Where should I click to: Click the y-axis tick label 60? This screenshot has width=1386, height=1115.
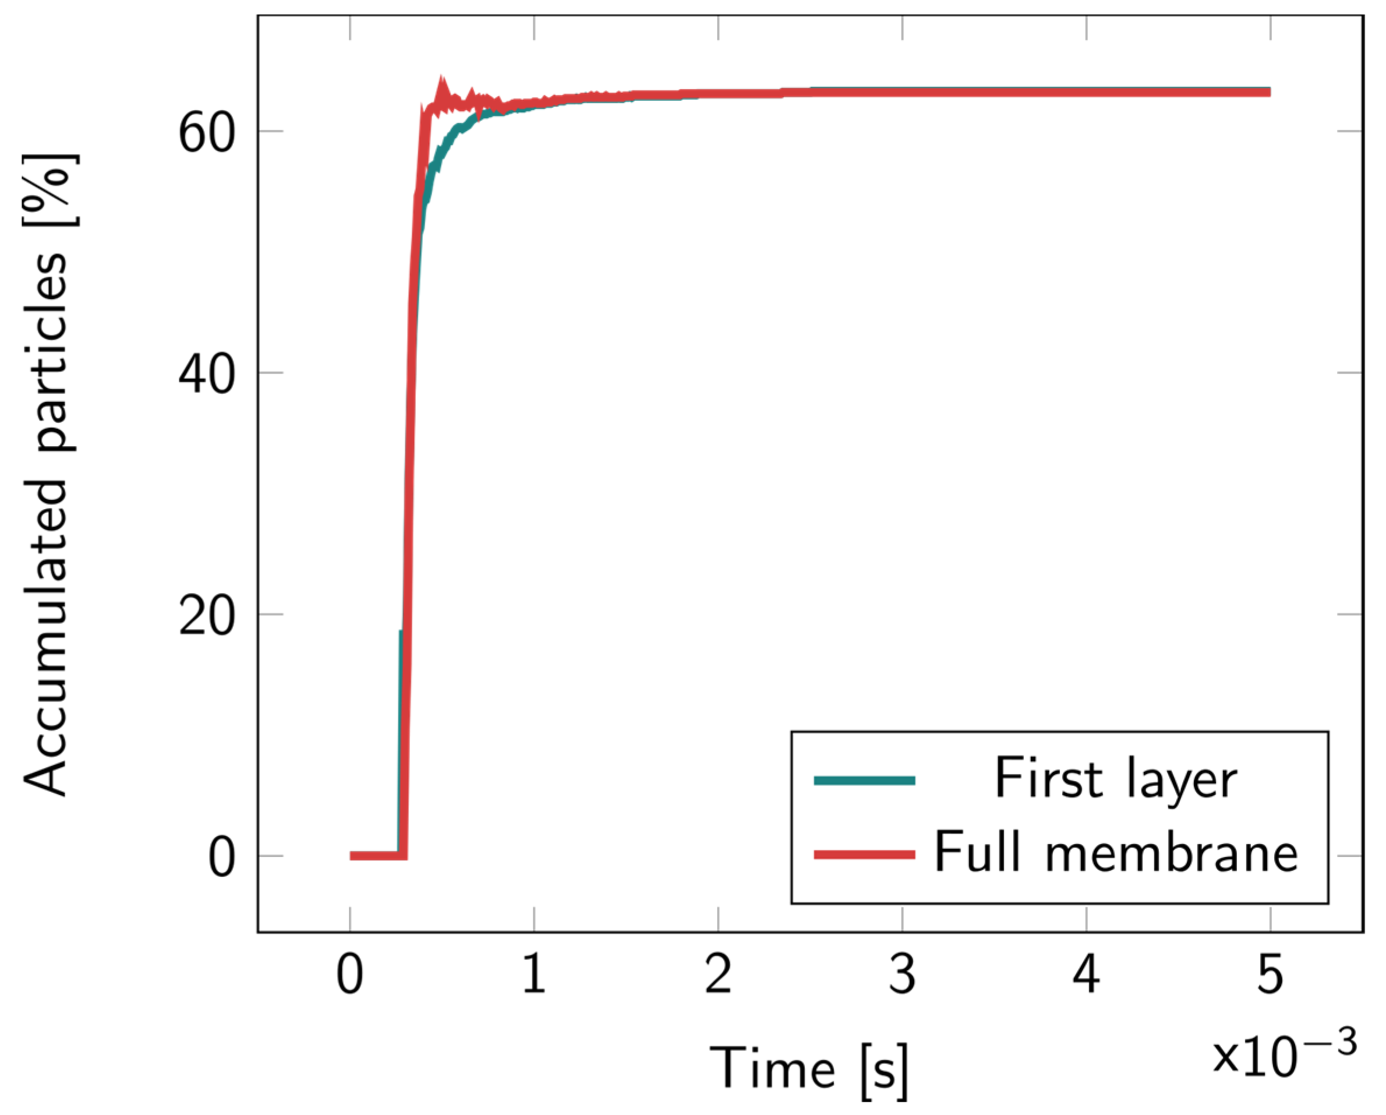tap(206, 135)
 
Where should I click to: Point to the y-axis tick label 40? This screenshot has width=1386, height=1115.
tap(206, 376)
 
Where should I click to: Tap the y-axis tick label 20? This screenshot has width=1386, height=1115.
tap(206, 618)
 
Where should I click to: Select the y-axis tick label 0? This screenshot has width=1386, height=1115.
tap(222, 859)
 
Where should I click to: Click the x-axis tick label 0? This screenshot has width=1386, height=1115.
tap(350, 974)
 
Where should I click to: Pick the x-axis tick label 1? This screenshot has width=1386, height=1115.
tap(534, 974)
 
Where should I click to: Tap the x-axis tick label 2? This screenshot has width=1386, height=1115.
tap(718, 974)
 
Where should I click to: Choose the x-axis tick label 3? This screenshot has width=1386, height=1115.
tap(902, 974)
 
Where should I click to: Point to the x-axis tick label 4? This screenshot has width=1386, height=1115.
tap(1087, 974)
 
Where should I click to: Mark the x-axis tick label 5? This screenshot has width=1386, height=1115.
tap(1270, 974)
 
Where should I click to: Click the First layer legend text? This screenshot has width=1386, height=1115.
tap(1115, 780)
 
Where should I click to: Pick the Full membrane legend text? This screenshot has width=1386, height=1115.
tap(1115, 853)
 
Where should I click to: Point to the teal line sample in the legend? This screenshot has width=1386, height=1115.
tap(864, 781)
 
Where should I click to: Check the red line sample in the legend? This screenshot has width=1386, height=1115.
tap(864, 855)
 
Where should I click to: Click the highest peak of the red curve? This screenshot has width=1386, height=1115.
tap(441, 80)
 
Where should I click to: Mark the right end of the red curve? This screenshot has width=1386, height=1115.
tap(1269, 93)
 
